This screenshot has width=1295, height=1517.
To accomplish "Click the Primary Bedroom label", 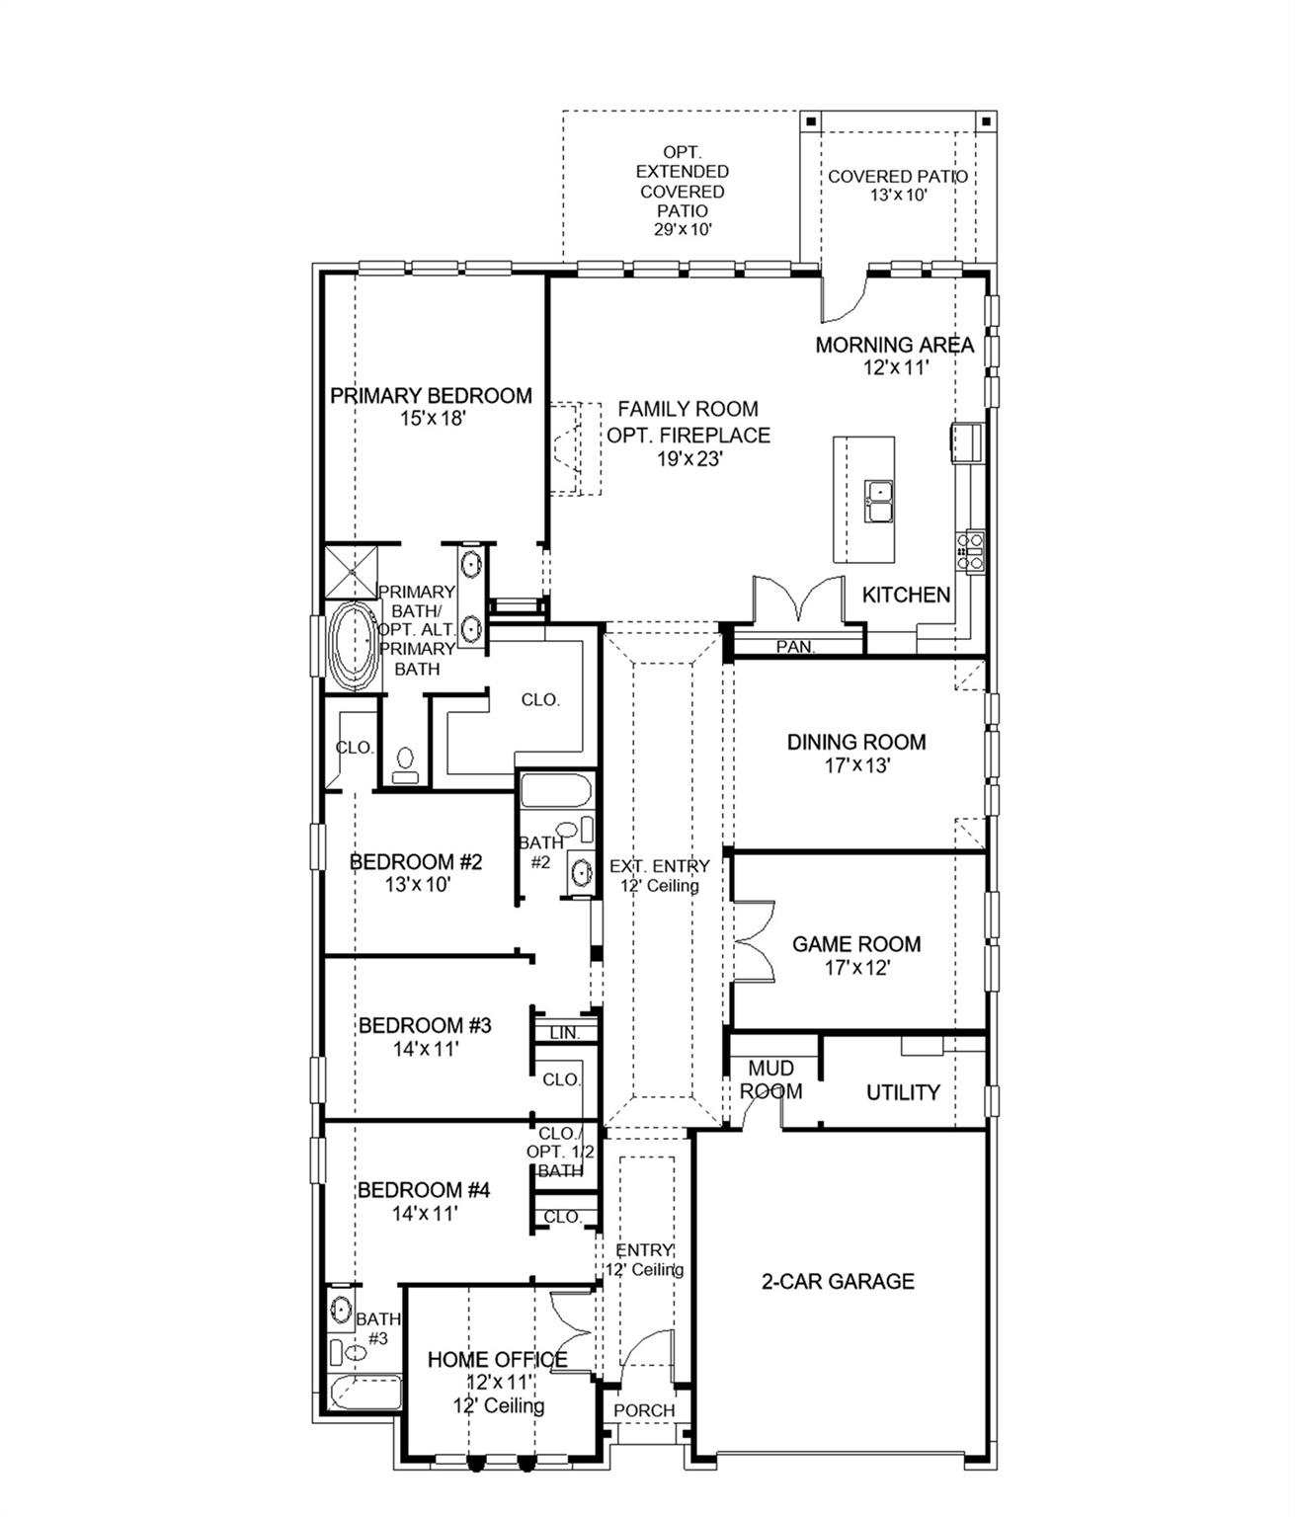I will (x=431, y=396).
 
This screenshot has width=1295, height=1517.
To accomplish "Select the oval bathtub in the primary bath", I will (x=353, y=647).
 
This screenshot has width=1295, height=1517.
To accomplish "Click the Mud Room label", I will (x=770, y=1079).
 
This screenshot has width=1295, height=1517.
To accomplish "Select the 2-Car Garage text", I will (x=838, y=1282).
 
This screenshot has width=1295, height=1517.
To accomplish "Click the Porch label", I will (x=644, y=1410).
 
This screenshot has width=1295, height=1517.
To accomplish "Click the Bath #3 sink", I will (x=340, y=1311).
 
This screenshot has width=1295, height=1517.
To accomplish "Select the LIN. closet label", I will (x=564, y=1033).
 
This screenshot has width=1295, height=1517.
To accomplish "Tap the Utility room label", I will (x=902, y=1092).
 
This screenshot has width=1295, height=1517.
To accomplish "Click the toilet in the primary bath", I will (x=404, y=763).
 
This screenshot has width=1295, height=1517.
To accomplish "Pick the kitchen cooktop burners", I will (x=969, y=552).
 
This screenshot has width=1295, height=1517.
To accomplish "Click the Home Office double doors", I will (x=571, y=1329).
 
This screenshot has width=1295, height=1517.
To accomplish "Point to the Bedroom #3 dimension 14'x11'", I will (x=425, y=1049).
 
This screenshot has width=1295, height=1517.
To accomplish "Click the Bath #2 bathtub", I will (x=554, y=792).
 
